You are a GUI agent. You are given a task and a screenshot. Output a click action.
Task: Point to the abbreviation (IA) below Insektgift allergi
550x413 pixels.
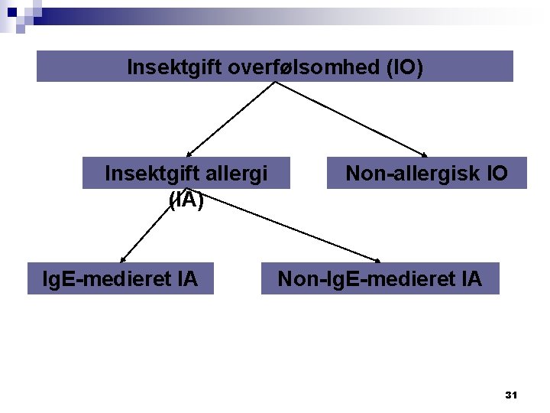point(186,200)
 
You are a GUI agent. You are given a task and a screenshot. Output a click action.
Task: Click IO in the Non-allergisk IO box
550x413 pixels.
point(496,174)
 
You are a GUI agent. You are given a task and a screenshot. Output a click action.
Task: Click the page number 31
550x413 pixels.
point(511,395)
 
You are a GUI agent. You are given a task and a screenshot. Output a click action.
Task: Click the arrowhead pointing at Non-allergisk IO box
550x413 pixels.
point(424,153)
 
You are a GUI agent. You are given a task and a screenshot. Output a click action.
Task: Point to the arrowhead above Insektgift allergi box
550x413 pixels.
point(189,154)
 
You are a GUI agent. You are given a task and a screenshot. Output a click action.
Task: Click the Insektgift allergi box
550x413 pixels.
point(186,174)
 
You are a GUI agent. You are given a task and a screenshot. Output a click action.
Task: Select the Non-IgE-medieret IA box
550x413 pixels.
point(380,279)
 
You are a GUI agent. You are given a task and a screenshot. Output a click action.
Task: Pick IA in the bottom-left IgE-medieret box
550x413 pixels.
point(185,279)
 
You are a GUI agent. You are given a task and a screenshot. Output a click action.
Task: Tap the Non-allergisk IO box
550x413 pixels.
point(426,174)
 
